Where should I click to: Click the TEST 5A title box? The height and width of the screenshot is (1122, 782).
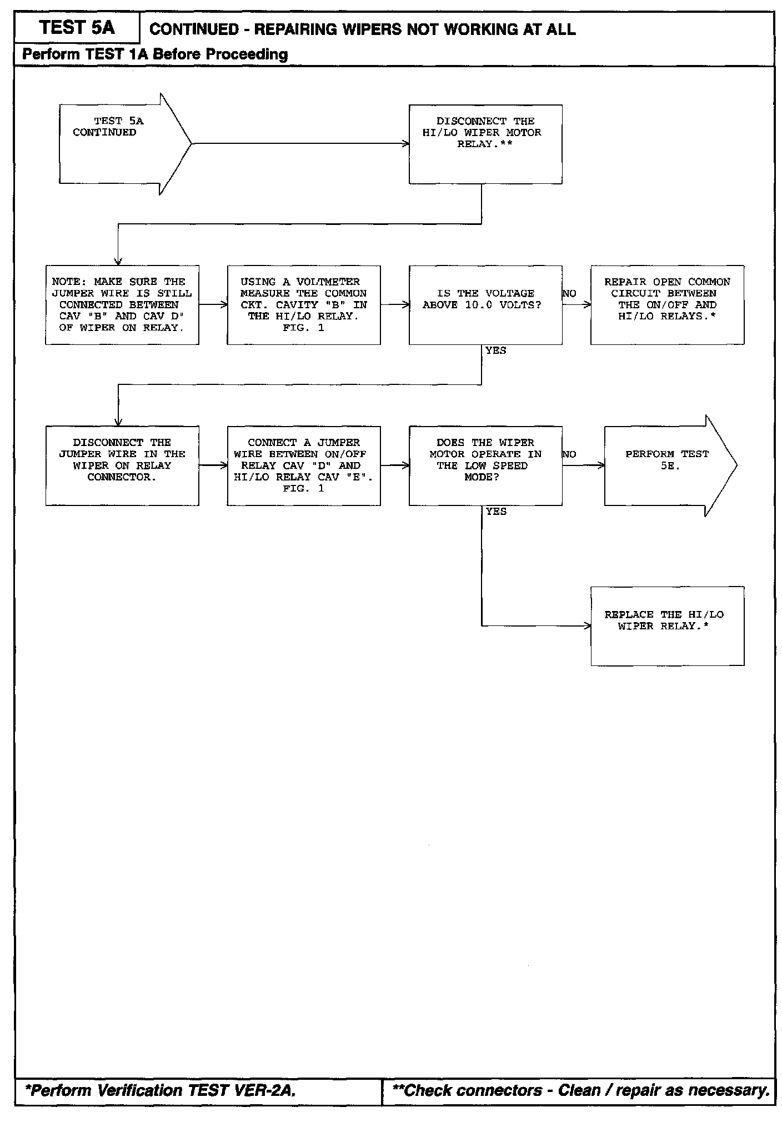pos(77,28)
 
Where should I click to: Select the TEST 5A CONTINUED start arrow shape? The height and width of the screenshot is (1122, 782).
pos(119,143)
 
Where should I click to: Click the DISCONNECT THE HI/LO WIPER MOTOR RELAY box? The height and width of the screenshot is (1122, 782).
pos(485,144)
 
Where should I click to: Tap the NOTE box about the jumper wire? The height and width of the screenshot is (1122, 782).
pos(122,305)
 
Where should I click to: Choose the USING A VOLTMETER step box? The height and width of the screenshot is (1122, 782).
pos(304,305)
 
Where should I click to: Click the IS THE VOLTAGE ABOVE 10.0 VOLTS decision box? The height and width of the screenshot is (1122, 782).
pos(485,305)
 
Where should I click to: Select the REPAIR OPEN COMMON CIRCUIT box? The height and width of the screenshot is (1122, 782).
pos(667,305)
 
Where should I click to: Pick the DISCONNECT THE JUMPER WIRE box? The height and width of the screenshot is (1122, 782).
pos(122,465)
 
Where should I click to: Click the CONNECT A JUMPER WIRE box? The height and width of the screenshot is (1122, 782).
pos(304,465)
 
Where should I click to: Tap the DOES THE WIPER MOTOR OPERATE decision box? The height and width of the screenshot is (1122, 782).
pos(485,465)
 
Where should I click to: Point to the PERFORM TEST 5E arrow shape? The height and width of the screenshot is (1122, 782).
pos(666,465)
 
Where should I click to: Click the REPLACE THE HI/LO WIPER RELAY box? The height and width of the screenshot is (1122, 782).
pos(667,625)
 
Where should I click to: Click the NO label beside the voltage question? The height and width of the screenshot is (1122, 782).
pos(569,294)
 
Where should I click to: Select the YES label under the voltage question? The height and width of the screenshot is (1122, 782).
pos(495,350)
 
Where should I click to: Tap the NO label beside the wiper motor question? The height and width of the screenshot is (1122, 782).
pos(569,454)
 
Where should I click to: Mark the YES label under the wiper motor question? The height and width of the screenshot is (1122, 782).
pos(495,512)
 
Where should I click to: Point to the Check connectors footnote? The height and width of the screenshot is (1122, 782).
pos(580,1090)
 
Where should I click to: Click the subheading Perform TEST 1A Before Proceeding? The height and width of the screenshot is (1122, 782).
pos(155,54)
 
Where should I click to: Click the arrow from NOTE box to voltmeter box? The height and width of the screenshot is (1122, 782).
pos(213,304)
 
